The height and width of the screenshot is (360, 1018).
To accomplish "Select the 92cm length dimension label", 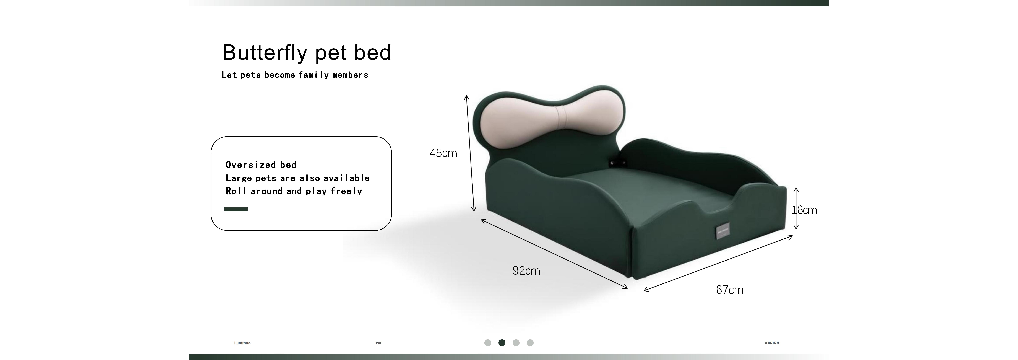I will [526, 271].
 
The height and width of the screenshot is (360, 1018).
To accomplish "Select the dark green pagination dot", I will [502, 343].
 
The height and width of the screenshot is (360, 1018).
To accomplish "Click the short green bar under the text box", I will [236, 209].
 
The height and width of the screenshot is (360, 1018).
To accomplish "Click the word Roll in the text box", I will [236, 191].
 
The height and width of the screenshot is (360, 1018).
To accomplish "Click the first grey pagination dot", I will [488, 343].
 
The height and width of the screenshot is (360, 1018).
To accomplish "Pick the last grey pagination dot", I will [530, 343].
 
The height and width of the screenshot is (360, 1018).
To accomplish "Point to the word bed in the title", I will [372, 53].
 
